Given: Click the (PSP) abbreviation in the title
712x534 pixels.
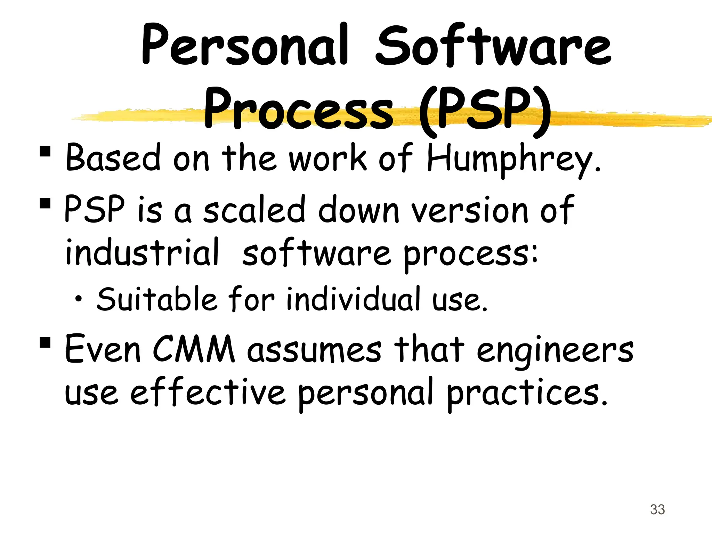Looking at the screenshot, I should [x=485, y=110].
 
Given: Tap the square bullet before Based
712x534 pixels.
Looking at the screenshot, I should [x=45, y=152].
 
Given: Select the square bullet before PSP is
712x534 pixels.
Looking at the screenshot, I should [x=45, y=203].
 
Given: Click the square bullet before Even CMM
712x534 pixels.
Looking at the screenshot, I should [x=45, y=342].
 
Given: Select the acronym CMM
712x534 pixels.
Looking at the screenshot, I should [x=194, y=349].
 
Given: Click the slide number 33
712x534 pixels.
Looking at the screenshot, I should [x=657, y=510].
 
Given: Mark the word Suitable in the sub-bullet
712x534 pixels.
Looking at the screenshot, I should [x=157, y=299].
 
